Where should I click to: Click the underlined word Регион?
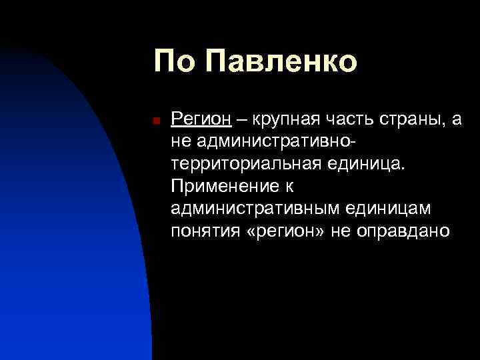(x=201, y=119)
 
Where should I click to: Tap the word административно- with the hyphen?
(x=274, y=142)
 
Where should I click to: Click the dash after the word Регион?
(x=240, y=119)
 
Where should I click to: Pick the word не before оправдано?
(x=352, y=231)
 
